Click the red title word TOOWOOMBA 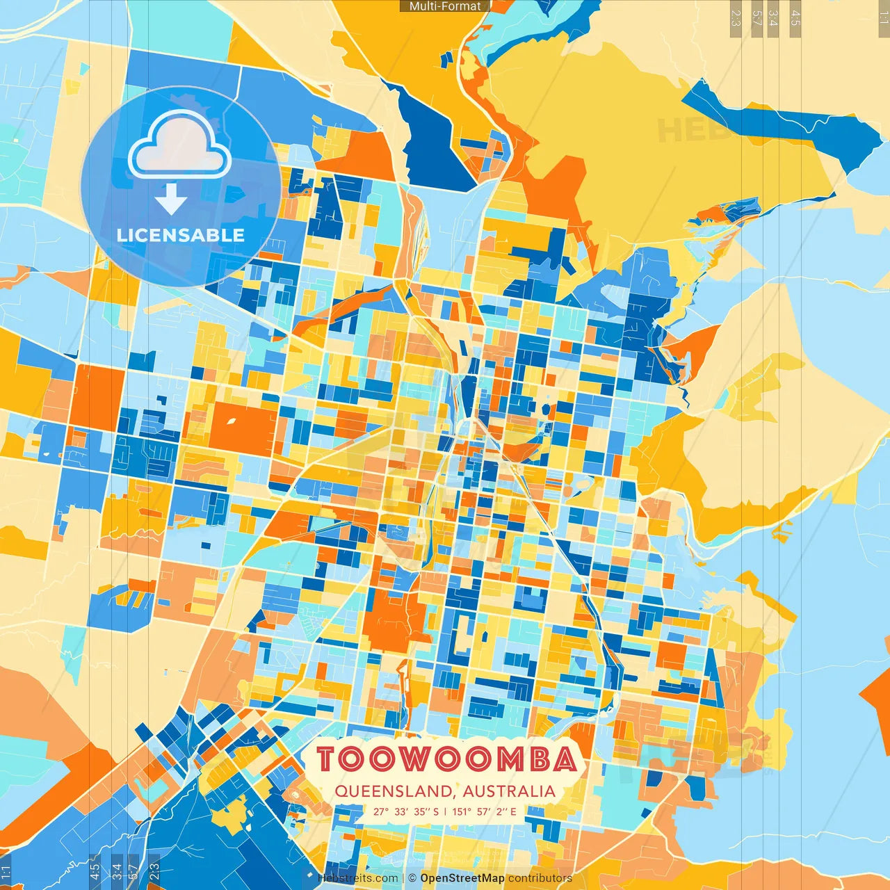(446, 759)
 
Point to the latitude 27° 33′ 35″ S (406, 811)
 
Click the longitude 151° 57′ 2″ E (484, 811)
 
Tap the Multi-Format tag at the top (445, 6)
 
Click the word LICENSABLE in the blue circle (181, 235)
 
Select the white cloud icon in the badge (179, 145)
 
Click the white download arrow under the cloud (171, 200)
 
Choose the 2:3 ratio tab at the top (736, 18)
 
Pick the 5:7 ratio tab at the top (756, 18)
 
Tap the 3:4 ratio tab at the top (774, 18)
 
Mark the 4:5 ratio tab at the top (795, 18)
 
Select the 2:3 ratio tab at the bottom (154, 871)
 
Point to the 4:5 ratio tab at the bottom (95, 871)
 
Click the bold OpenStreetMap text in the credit (462, 878)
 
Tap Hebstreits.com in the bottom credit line (358, 878)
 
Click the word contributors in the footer (540, 878)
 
